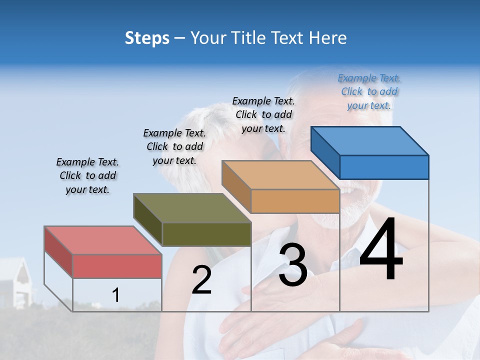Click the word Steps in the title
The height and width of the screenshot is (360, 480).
pyautogui.click(x=147, y=38)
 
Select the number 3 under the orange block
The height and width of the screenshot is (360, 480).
pyautogui.click(x=293, y=265)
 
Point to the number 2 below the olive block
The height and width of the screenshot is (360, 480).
pyautogui.click(x=202, y=280)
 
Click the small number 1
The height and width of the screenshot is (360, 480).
pyautogui.click(x=116, y=295)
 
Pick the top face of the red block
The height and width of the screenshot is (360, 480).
pyautogui.click(x=102, y=240)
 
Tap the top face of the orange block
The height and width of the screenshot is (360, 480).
pyautogui.click(x=280, y=175)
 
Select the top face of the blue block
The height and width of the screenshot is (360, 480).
pyautogui.click(x=369, y=141)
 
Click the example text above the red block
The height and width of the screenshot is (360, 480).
pyautogui.click(x=87, y=175)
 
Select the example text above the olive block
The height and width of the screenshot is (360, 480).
pyautogui.click(x=174, y=146)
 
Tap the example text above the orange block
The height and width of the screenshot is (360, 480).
pyautogui.click(x=263, y=114)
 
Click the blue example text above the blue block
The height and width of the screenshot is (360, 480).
pyautogui.click(x=369, y=91)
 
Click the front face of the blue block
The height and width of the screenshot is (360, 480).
pyautogui.click(x=384, y=167)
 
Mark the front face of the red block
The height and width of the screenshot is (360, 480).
pyautogui.click(x=117, y=266)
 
